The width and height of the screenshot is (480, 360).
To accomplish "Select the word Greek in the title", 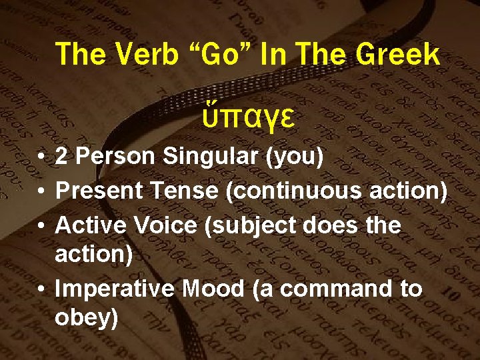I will [398, 54].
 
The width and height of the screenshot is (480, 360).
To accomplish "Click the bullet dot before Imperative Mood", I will [42, 289].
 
